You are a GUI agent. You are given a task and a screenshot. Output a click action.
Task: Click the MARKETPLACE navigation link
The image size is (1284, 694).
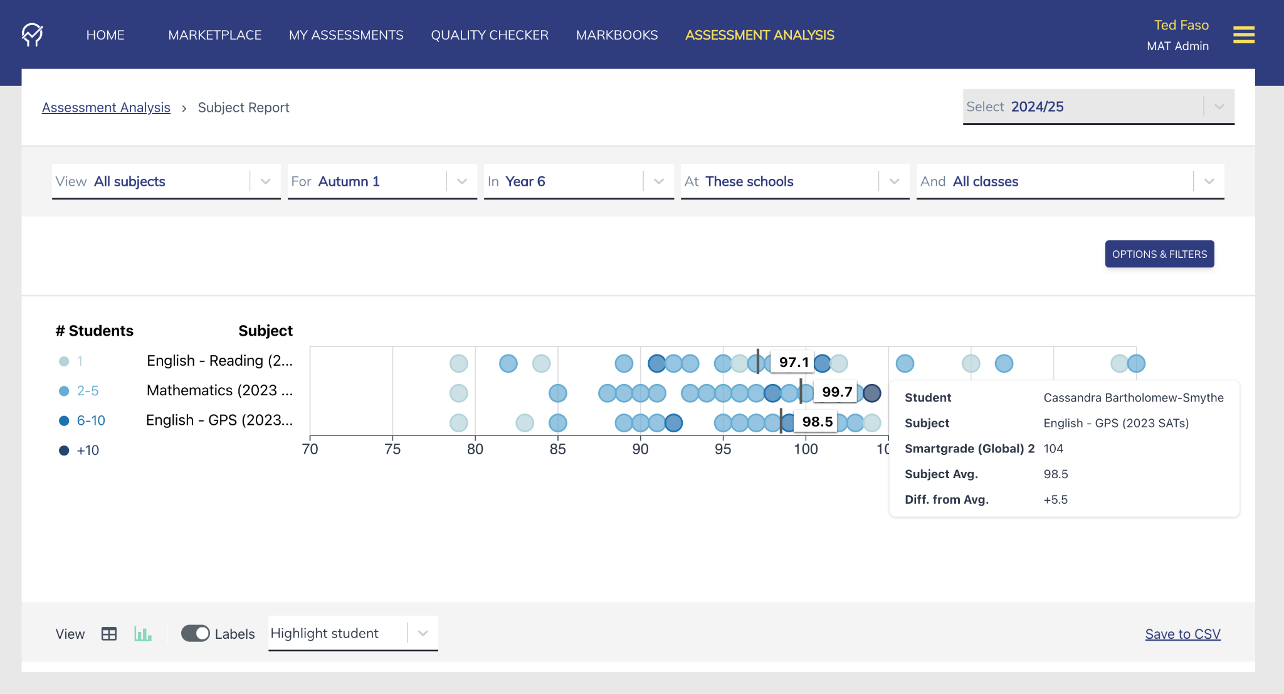(214, 35)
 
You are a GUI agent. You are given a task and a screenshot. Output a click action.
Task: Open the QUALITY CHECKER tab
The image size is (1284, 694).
(490, 35)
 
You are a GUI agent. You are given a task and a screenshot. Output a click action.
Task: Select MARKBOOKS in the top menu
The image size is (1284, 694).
(617, 35)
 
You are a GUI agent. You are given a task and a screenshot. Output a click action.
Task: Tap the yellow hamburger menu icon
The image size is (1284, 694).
(1243, 35)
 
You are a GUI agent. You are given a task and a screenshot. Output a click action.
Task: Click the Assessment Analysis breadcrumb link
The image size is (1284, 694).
(106, 107)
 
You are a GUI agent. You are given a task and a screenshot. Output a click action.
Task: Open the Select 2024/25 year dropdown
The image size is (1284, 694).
(1098, 107)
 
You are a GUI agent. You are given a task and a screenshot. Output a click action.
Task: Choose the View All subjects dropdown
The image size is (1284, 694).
(166, 181)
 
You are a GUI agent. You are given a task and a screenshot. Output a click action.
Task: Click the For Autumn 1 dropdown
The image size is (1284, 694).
(382, 181)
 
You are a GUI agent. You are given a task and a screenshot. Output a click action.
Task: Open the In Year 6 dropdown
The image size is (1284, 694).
(578, 181)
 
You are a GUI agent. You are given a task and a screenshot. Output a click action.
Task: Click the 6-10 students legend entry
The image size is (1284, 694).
(90, 420)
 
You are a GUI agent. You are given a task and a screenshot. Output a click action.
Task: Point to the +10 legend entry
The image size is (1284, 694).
(88, 450)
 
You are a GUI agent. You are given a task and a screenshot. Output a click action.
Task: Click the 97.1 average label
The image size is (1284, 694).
(793, 362)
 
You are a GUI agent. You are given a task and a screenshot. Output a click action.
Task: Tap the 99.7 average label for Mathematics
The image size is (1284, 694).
(836, 392)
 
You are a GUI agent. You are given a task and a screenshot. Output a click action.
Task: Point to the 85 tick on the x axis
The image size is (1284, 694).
(557, 449)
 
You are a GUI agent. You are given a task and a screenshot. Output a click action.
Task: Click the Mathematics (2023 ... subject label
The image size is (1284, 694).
(219, 390)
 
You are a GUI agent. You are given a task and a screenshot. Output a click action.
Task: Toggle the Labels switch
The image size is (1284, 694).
(196, 633)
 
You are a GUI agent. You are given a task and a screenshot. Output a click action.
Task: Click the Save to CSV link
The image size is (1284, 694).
(1182, 634)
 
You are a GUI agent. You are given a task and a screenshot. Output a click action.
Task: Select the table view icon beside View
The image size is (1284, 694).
(109, 634)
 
